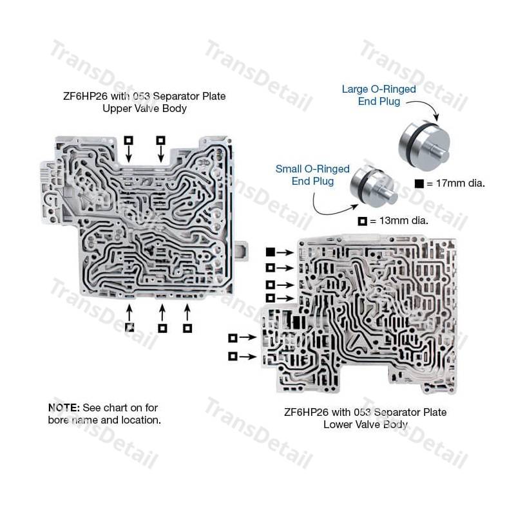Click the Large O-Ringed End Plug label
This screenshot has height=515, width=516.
378,95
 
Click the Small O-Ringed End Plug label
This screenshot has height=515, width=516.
312,175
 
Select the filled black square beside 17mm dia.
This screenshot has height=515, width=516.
419,183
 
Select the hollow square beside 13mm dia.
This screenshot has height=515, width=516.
363,221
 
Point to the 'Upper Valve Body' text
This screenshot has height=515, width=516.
144,109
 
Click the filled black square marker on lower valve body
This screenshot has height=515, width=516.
271,252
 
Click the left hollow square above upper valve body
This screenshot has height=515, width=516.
128,140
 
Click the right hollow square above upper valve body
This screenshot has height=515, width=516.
160,140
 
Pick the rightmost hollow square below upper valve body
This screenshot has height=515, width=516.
187,328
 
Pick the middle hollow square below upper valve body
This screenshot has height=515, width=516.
162,328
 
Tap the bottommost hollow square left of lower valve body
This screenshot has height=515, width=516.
233,356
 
